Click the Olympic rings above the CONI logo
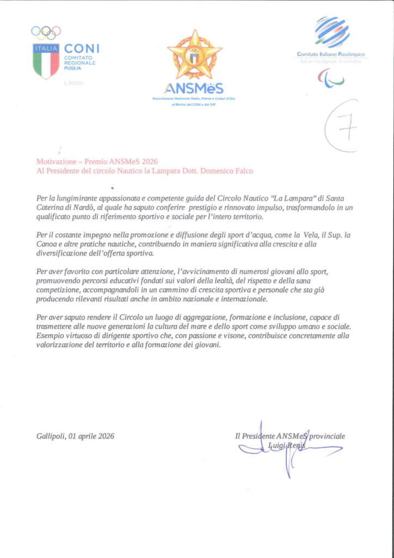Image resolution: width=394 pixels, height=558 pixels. click(x=46, y=32)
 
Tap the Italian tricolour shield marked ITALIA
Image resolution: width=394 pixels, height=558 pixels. click(x=46, y=62)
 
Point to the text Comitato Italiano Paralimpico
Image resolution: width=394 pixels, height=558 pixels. click(x=331, y=54)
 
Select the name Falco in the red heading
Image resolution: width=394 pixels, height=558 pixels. click(x=243, y=171)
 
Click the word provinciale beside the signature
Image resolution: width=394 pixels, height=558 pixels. click(x=327, y=436)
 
